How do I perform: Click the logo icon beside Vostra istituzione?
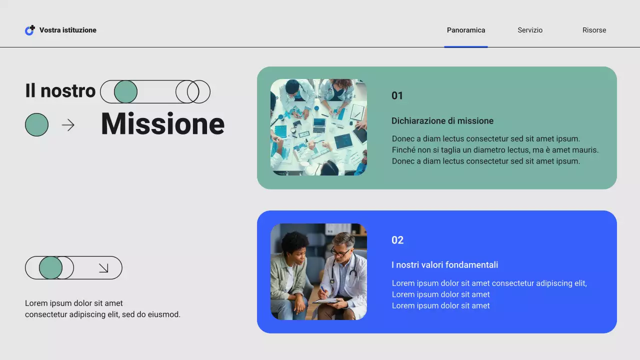pyautogui.click(x=30, y=30)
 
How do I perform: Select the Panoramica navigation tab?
pyautogui.click(x=465, y=30)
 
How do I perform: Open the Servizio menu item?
pyautogui.click(x=529, y=30)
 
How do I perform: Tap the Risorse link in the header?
pyautogui.click(x=594, y=30)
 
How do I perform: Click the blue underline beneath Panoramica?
pyautogui.click(x=465, y=47)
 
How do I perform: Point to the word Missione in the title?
pyautogui.click(x=162, y=124)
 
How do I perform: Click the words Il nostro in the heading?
pyautogui.click(x=60, y=91)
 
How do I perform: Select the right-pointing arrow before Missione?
pyautogui.click(x=68, y=125)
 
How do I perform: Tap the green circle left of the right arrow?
pyautogui.click(x=36, y=125)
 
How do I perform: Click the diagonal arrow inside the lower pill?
pyautogui.click(x=103, y=268)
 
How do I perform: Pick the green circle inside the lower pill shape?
pyautogui.click(x=50, y=268)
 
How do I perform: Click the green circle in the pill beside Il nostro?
pyautogui.click(x=125, y=92)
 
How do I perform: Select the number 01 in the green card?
pyautogui.click(x=397, y=95)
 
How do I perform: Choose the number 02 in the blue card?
pyautogui.click(x=397, y=240)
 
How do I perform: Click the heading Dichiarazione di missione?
pyautogui.click(x=442, y=121)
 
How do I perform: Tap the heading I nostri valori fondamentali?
pyautogui.click(x=444, y=265)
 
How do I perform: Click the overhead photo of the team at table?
pyautogui.click(x=318, y=127)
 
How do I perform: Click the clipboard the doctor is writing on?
pyautogui.click(x=327, y=300)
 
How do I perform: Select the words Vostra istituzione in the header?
pyautogui.click(x=67, y=30)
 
